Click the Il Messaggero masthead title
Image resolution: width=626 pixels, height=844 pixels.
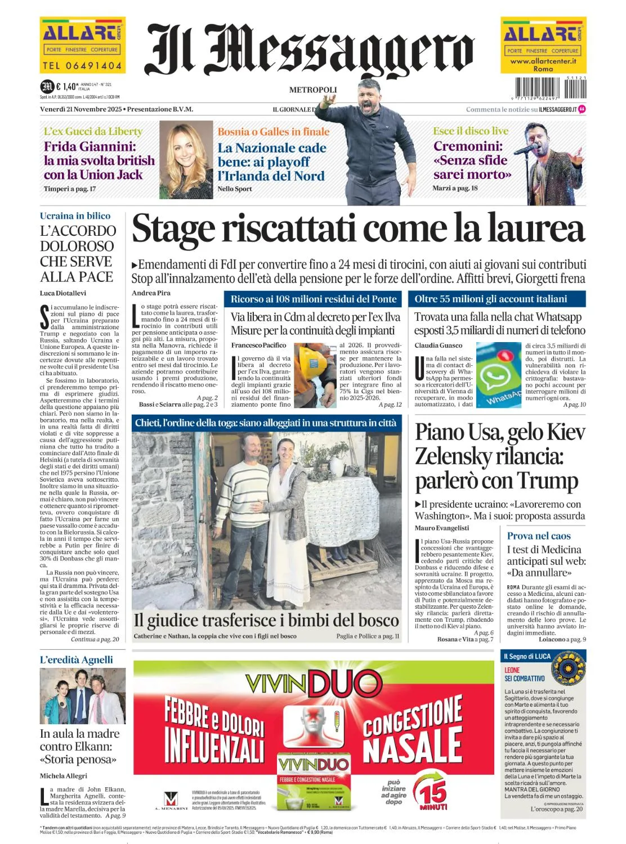point(310,51)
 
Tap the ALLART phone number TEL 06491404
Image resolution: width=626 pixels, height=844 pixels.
point(82,66)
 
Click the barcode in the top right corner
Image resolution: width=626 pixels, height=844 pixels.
point(543,88)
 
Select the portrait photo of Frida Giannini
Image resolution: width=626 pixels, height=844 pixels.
point(186,160)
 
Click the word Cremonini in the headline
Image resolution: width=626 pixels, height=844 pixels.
point(468,146)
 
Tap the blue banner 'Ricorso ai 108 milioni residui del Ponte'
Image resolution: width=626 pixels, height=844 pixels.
point(314,299)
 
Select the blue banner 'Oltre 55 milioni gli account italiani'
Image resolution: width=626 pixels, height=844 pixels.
point(490,299)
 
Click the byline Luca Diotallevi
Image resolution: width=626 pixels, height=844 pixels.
point(63,293)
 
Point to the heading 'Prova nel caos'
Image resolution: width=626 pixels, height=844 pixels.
point(539,536)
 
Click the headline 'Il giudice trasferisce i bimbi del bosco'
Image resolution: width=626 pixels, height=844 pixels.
point(266,620)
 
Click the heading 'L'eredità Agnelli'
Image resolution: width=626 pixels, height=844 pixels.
point(77,659)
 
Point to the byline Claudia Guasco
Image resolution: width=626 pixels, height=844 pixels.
point(439,345)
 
